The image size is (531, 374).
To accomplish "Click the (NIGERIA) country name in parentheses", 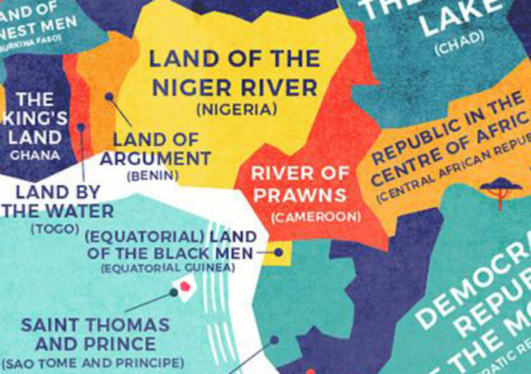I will [x=236, y=110].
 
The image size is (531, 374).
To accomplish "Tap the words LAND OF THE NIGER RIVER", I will [x=233, y=74].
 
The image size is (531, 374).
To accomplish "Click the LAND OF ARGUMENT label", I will [x=156, y=149].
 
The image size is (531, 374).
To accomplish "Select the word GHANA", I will [x=35, y=155].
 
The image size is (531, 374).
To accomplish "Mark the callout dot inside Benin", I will [x=109, y=97].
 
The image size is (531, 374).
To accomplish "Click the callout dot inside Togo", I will [x=81, y=127].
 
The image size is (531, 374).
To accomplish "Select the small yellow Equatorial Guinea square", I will [x=280, y=253].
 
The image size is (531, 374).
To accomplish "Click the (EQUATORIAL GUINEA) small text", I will [x=168, y=268].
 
